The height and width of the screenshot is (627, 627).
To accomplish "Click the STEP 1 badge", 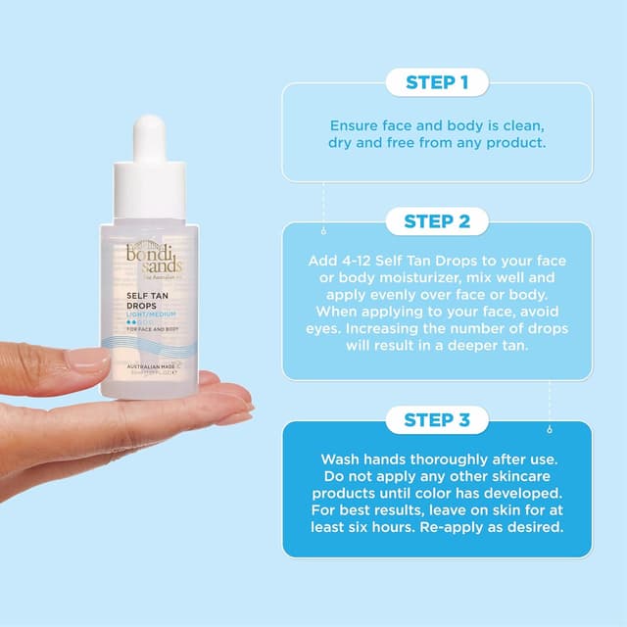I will click(436, 82).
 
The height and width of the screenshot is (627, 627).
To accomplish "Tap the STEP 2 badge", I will click(436, 221).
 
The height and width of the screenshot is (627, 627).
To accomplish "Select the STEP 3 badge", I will click(436, 420).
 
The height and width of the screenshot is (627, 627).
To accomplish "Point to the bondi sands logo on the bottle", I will click(148, 257).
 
